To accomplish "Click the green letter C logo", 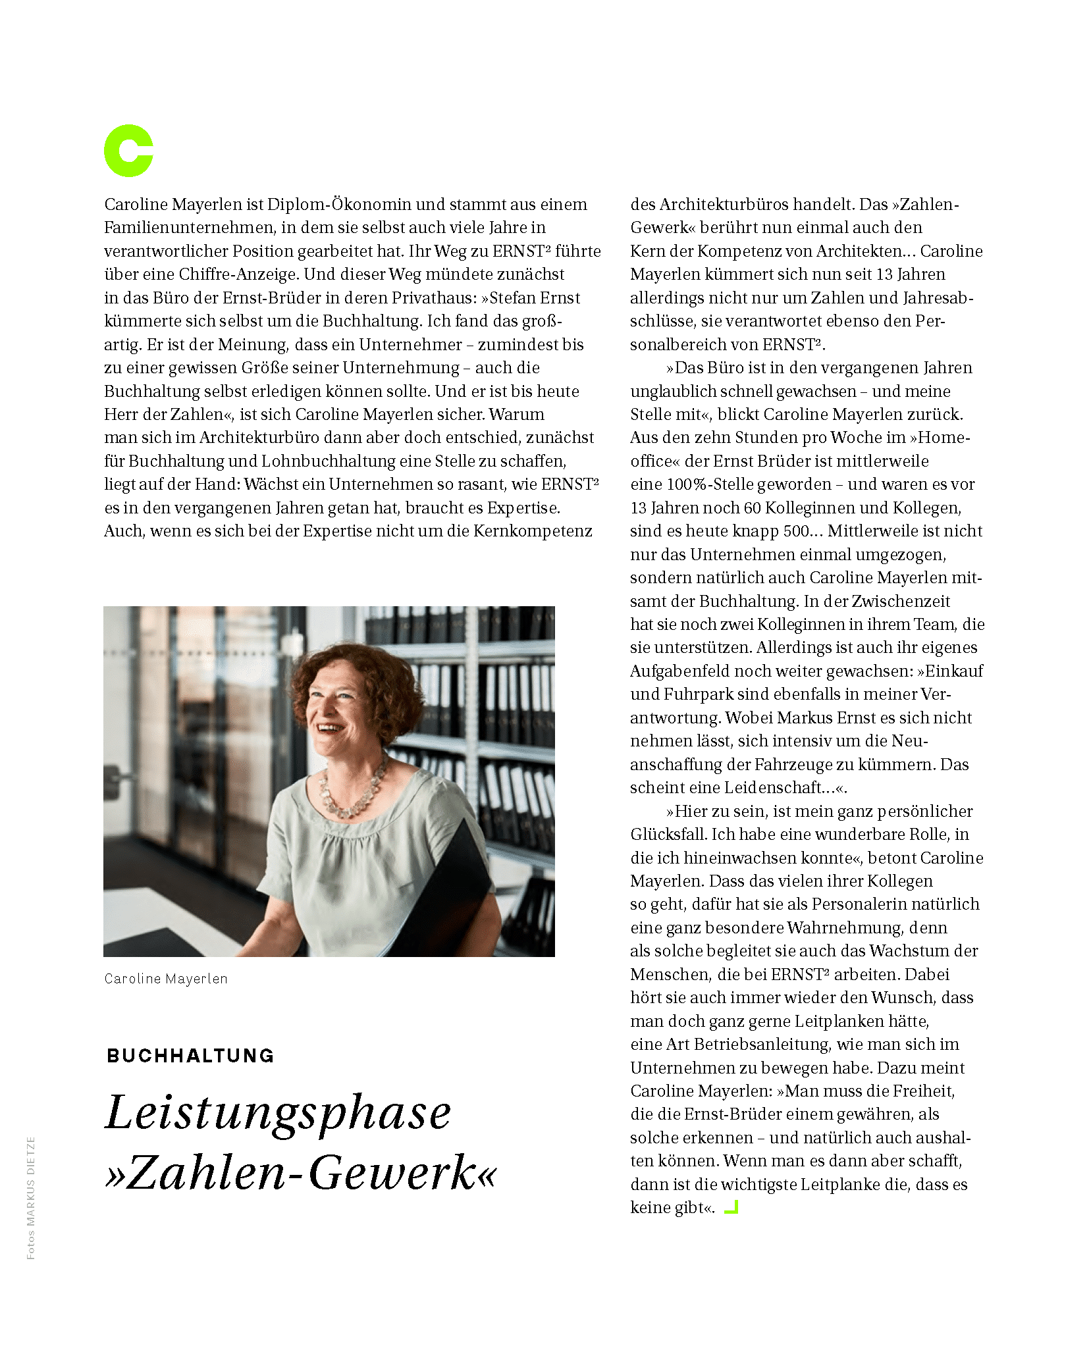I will (128, 151).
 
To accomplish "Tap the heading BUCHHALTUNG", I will (190, 1056).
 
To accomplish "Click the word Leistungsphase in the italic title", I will (278, 1113).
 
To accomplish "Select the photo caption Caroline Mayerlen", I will (166, 979).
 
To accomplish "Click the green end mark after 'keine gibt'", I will (731, 1207).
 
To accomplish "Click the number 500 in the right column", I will (796, 531).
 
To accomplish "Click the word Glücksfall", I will (668, 835).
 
